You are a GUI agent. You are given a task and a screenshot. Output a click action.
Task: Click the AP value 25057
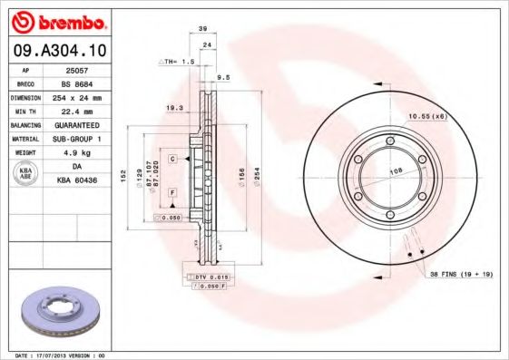click(x=76, y=69)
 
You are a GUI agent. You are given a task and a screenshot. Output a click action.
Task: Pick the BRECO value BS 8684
click(x=76, y=83)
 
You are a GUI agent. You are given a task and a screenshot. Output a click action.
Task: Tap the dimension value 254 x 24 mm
click(x=77, y=97)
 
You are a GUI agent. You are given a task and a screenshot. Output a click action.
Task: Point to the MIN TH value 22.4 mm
click(x=77, y=111)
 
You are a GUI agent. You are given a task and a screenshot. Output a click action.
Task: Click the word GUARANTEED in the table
click(x=77, y=125)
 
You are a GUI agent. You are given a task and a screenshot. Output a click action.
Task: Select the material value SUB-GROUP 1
click(x=77, y=139)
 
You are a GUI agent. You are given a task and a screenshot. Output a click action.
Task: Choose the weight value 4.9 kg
click(x=77, y=153)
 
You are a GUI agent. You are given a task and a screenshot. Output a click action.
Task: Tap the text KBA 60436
click(x=77, y=181)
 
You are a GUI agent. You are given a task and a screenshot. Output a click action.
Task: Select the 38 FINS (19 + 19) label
click(x=460, y=273)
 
